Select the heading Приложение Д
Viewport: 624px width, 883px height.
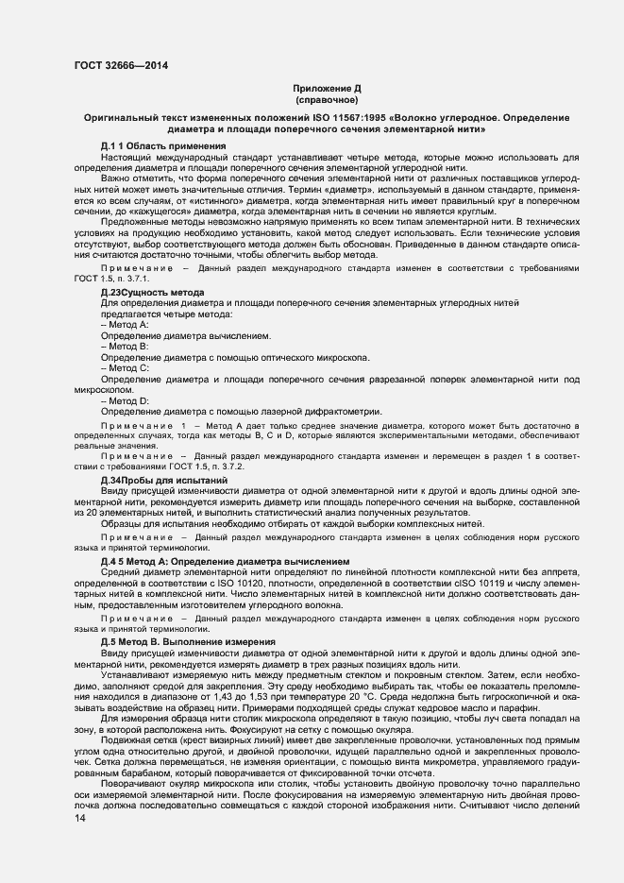(x=327, y=88)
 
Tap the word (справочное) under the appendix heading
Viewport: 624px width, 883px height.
(x=327, y=99)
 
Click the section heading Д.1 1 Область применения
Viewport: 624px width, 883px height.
(x=162, y=146)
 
